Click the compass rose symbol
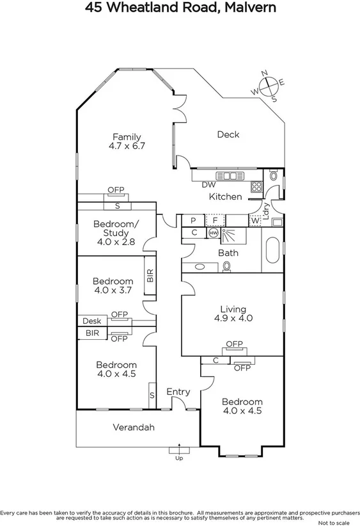click(269, 85)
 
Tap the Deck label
click(228, 134)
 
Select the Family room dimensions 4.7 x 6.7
click(127, 146)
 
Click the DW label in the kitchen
click(208, 185)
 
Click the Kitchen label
click(226, 197)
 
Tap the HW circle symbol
click(214, 234)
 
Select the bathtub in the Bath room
click(272, 253)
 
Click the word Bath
click(228, 253)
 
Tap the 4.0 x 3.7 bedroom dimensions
click(113, 291)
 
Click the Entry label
click(178, 392)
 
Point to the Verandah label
click(134, 427)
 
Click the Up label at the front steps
click(179, 458)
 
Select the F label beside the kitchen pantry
click(215, 220)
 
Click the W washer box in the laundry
click(256, 221)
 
